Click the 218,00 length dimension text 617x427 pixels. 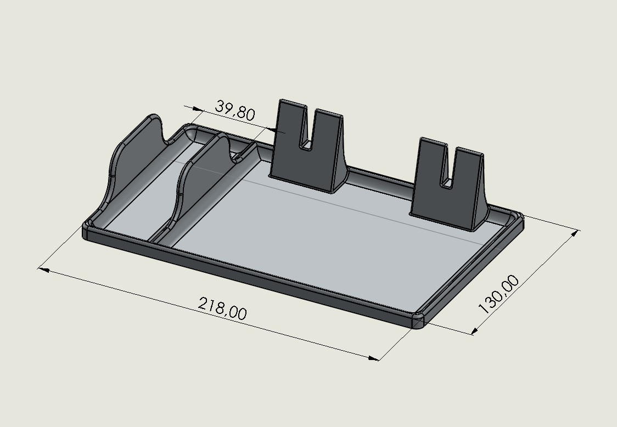point(222,308)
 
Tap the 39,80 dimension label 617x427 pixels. point(235,110)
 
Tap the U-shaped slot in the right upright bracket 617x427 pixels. point(449,168)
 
